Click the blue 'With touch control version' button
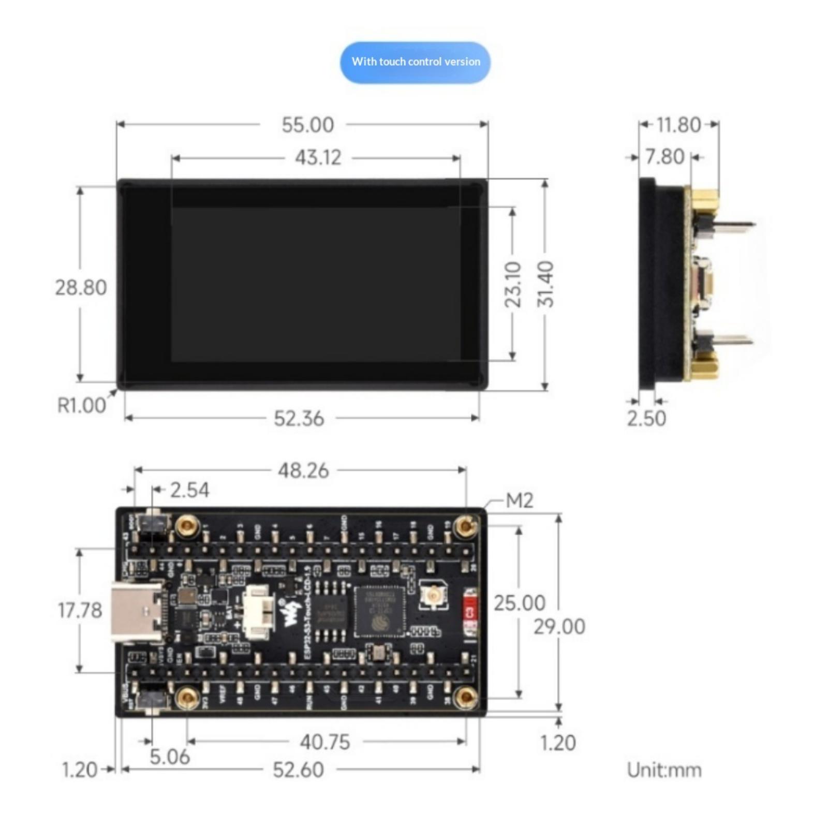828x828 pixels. [415, 62]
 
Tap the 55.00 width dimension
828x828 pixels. [307, 125]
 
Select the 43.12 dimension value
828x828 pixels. [318, 158]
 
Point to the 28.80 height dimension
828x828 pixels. [81, 288]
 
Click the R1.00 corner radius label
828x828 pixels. [81, 406]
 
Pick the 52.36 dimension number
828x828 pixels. [299, 418]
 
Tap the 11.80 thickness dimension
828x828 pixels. [678, 125]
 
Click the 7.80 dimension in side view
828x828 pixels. [665, 157]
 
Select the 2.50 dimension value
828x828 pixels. [646, 418]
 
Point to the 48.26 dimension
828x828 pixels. [303, 471]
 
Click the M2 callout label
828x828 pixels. [519, 500]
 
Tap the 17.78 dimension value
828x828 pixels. [80, 611]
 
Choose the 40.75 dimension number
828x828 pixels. [325, 742]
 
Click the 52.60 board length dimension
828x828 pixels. [298, 770]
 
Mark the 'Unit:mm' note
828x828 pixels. [664, 770]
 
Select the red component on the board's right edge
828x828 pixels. [470, 612]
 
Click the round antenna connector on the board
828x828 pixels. [433, 595]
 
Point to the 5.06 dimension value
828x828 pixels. [170, 757]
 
